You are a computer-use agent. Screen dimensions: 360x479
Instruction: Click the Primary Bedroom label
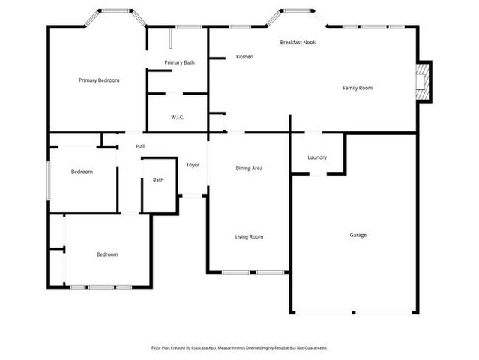coord(99,80)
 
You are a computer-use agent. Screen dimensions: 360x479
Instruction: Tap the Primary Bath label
coord(179,62)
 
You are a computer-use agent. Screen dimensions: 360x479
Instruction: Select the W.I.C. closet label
coord(178,117)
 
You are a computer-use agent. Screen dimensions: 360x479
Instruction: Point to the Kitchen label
coord(244,57)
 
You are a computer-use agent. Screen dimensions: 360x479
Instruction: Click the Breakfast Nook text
coord(298,43)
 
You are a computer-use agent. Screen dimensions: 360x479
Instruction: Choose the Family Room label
coord(358,88)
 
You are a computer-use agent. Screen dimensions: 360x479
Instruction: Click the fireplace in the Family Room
coord(424,81)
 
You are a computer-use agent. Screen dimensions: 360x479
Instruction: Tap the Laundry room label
coord(317,157)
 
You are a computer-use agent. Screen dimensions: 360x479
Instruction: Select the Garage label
coord(358,235)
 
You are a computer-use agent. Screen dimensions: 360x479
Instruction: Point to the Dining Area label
coord(249,168)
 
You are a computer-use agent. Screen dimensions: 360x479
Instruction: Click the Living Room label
coord(249,237)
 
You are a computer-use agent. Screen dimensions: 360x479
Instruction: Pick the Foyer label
coord(193,165)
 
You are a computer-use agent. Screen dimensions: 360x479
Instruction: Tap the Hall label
coord(140,146)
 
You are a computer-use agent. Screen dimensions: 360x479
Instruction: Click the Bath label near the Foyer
coord(158,180)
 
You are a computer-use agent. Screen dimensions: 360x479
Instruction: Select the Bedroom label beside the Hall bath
coord(82,172)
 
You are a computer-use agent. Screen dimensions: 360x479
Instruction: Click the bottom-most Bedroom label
coord(107,254)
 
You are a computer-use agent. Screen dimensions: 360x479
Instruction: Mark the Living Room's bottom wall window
coord(249,271)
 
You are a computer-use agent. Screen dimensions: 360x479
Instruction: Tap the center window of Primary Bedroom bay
coord(114,11)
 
